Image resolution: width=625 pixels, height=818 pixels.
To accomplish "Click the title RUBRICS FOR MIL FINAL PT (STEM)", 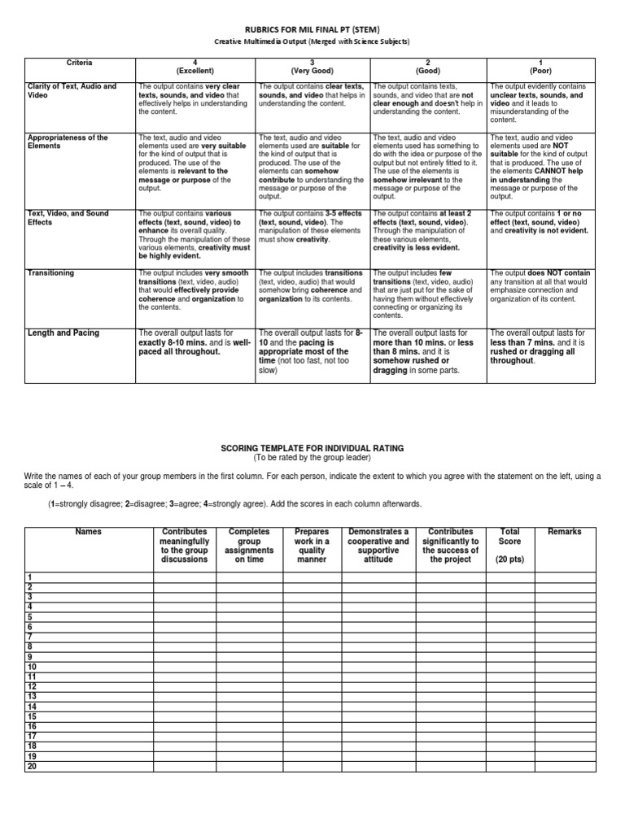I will click(x=312, y=28).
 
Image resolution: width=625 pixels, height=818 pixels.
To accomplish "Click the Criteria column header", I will click(x=79, y=63).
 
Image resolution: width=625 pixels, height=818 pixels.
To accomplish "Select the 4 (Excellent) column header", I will click(x=194, y=67).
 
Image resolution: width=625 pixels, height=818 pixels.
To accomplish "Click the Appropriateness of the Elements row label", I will click(x=68, y=142).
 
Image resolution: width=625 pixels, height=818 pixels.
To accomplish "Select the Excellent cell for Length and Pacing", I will click(x=194, y=342).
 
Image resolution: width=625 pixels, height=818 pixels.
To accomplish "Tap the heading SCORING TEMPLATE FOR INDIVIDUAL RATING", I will click(x=312, y=449).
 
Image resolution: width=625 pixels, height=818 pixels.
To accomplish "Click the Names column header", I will click(x=88, y=532).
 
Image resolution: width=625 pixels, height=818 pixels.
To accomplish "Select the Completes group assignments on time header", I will click(x=249, y=545).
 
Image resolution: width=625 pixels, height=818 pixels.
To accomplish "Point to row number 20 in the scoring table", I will click(x=32, y=766).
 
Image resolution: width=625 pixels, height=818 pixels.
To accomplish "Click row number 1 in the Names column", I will click(x=29, y=577).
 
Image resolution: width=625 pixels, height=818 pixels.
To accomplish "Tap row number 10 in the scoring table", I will click(x=32, y=667).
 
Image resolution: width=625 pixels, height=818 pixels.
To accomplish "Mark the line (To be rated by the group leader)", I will click(x=312, y=459).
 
